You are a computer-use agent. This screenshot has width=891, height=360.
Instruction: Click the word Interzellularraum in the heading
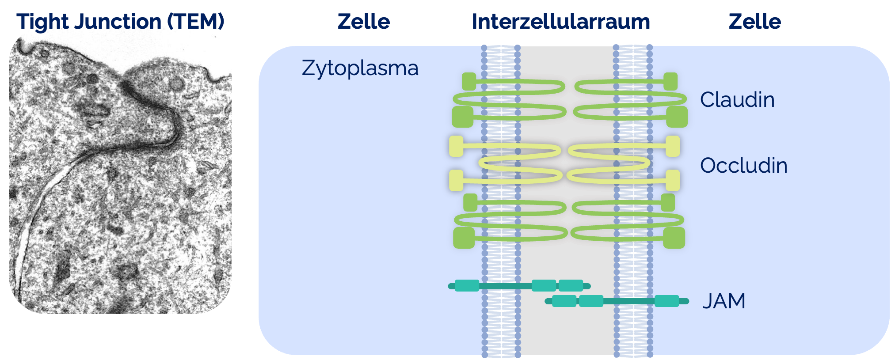click(560, 22)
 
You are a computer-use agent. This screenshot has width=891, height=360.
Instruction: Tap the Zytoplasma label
click(360, 68)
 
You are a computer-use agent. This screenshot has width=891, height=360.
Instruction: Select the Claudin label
click(737, 100)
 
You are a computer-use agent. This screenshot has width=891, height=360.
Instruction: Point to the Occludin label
click(743, 166)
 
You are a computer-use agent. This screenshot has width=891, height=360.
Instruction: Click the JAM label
click(724, 301)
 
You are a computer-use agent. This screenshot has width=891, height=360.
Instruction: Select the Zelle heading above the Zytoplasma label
click(363, 22)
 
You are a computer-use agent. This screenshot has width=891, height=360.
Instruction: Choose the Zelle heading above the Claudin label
click(754, 22)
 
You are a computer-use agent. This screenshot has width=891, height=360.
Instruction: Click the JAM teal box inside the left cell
click(467, 286)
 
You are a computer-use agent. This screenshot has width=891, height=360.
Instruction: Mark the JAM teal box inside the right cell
click(666, 301)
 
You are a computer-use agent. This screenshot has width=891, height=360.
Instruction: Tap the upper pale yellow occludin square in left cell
click(456, 146)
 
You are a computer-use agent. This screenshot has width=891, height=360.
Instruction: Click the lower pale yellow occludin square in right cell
click(673, 180)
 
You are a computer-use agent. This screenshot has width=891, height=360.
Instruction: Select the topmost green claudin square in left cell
click(469, 81)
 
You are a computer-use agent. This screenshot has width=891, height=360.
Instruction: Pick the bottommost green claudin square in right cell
click(674, 238)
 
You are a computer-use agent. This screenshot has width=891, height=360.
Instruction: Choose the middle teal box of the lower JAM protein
click(591, 301)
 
